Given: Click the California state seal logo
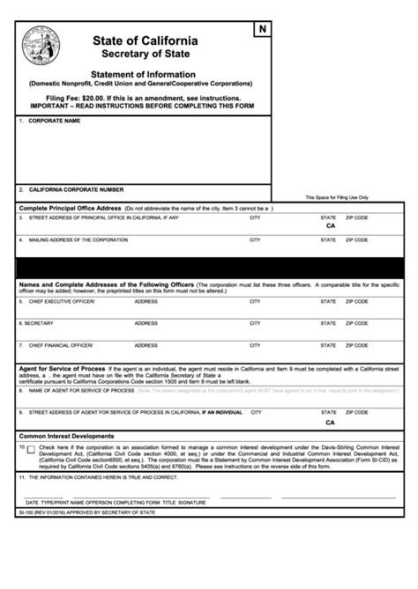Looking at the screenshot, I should pos(43,43).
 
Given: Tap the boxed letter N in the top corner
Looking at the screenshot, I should pos(262,31).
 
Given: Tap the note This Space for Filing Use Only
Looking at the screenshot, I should pos(337,197).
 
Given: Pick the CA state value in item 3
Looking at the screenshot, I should pos(330,226).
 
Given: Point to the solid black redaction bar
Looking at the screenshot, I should pos(209,269).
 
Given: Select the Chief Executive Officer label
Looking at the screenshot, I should pos(61,301).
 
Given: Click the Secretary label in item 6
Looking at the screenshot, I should pos(41,323).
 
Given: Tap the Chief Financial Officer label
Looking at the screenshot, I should pos(61,345).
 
